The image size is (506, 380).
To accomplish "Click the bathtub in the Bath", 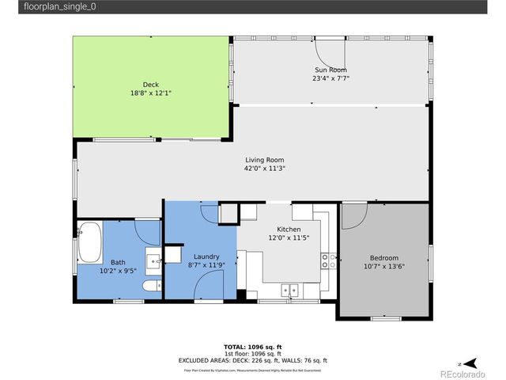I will (x=91, y=242).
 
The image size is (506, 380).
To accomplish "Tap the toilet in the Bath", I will (x=153, y=284).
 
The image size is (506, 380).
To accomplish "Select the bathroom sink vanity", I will (x=153, y=258).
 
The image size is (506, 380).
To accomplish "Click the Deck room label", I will (x=150, y=85).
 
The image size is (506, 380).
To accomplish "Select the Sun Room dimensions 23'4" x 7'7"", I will (x=330, y=78).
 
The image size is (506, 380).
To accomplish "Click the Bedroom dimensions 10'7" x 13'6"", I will (x=384, y=266).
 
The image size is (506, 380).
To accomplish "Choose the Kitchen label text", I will (x=289, y=230).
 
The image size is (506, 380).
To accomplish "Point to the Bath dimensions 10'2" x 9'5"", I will (x=118, y=270).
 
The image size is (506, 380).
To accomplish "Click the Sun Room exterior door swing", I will (x=325, y=53).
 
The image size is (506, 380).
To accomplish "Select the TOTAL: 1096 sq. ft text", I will (x=253, y=347).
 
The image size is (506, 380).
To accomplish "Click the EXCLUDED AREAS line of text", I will (x=253, y=359).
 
